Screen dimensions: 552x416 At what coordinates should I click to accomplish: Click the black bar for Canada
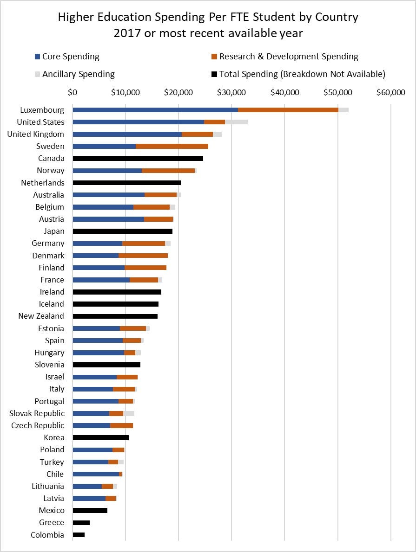point(138,158)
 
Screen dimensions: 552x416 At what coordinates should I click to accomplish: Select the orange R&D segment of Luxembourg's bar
point(288,109)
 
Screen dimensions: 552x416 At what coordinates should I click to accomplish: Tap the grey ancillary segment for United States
point(236,122)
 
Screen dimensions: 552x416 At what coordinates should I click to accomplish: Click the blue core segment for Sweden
point(104,146)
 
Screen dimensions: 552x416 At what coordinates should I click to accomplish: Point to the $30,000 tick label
point(231,92)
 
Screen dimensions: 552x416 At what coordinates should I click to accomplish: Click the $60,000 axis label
point(390,92)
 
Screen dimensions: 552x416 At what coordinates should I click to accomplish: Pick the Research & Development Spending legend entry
point(288,57)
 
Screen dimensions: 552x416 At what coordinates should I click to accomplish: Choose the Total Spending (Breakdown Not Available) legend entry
point(302,74)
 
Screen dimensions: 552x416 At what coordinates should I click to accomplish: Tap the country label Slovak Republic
point(37,413)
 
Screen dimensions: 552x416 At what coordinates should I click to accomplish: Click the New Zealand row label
point(41,316)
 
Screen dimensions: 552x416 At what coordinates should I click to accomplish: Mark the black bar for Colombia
point(79,535)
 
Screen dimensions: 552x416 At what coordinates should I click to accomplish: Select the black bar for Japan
point(122,231)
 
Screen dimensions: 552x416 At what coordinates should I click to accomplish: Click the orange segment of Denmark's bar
point(143,255)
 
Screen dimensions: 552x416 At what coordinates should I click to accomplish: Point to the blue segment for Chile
point(96,474)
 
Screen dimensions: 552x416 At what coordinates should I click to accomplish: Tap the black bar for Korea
point(100,437)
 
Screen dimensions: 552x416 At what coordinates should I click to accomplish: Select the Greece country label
point(51,522)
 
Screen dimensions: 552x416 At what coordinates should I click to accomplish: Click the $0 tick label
point(73,92)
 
